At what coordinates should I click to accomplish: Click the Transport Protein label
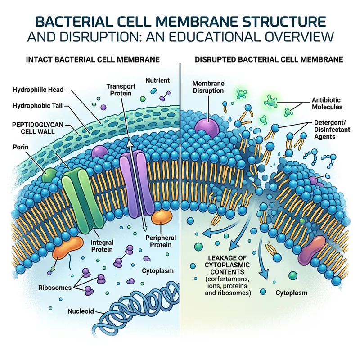[x=119, y=89]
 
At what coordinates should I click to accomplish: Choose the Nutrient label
[x=157, y=81]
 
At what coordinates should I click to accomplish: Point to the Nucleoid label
[x=81, y=311]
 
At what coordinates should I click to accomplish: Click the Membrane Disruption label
[x=208, y=87]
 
